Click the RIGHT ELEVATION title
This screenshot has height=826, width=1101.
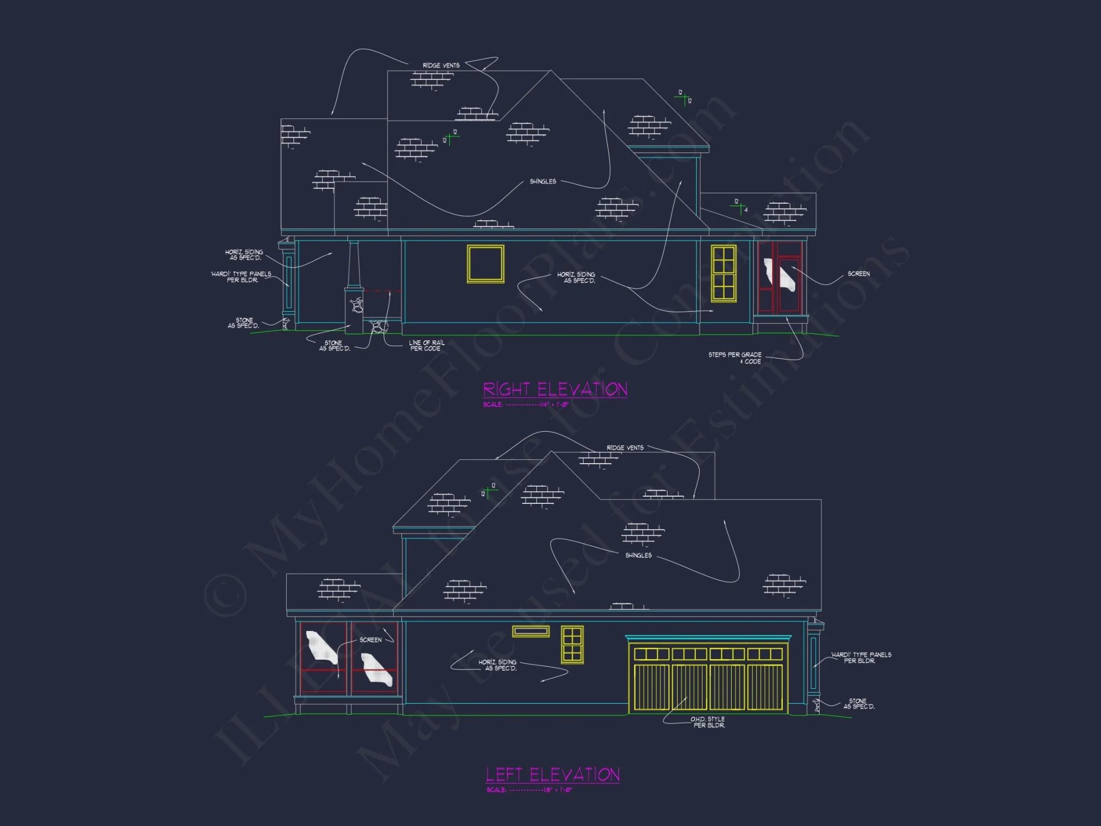point(555,389)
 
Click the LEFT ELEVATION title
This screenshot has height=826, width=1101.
point(553,775)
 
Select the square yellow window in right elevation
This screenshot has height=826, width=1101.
point(486,264)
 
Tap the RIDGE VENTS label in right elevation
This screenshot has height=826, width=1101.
point(441,66)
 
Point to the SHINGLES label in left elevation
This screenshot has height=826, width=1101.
point(639,555)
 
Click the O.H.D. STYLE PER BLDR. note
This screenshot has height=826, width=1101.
point(708,722)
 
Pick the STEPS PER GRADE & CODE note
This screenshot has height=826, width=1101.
point(735,358)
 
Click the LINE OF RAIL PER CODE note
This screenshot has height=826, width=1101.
point(426,345)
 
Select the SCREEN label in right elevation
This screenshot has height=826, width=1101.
point(858,274)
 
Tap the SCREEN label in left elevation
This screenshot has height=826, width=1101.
point(370,640)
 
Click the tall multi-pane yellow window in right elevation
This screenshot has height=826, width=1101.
point(723,274)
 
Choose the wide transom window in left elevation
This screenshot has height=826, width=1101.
point(531,631)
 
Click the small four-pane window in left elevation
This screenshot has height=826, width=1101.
point(573,644)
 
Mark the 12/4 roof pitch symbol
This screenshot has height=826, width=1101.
point(740,205)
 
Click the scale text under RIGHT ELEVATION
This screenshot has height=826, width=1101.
point(526,405)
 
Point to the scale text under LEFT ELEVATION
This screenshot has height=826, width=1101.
point(529,790)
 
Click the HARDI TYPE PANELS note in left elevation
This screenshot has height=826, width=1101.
point(861,657)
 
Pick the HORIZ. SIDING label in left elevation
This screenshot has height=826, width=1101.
point(498,665)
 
